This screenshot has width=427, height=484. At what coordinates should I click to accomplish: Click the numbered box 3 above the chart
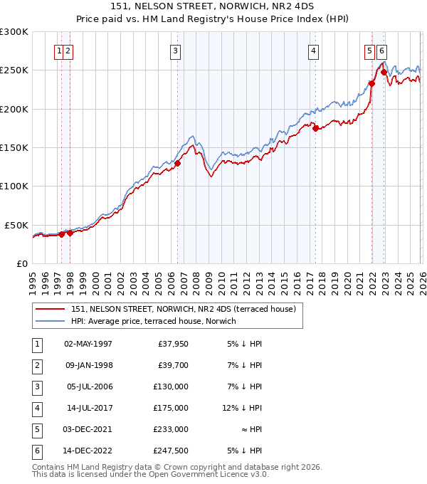click(x=175, y=51)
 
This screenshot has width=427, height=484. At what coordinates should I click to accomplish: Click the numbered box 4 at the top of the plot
click(x=313, y=51)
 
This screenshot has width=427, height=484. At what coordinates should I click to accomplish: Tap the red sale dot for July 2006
click(x=177, y=163)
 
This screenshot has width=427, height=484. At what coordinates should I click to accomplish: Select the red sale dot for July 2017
click(x=315, y=128)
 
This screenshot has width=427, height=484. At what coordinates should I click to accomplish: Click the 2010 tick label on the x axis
click(x=221, y=283)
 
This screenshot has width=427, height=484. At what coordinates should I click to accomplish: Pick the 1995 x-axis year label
click(x=33, y=283)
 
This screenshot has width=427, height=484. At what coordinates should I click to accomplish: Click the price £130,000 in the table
click(x=172, y=386)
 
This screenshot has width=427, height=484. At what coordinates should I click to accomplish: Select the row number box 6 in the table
click(x=36, y=451)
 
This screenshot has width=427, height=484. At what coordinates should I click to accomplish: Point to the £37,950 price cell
click(x=173, y=343)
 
